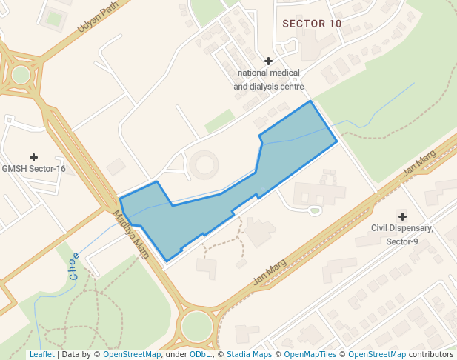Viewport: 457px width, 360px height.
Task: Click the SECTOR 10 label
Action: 312,24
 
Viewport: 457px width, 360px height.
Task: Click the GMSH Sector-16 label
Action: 33,169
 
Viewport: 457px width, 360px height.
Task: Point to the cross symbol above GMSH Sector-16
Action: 33,157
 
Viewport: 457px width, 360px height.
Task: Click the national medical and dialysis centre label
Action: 267,80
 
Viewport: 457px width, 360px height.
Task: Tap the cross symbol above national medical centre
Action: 268,61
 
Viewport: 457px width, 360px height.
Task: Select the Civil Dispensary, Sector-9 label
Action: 402,235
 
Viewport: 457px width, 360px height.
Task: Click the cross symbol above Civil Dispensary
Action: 402,216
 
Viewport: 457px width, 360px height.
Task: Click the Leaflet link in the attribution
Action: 41,354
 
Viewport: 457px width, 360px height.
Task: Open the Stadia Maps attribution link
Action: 249,354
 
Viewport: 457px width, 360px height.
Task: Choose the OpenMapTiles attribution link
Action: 308,354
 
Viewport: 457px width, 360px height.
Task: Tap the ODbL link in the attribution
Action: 201,354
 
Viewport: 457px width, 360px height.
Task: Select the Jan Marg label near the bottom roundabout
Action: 270,272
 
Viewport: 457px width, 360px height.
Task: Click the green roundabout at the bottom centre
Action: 196,325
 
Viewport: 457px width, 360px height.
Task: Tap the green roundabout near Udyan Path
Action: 21,75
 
